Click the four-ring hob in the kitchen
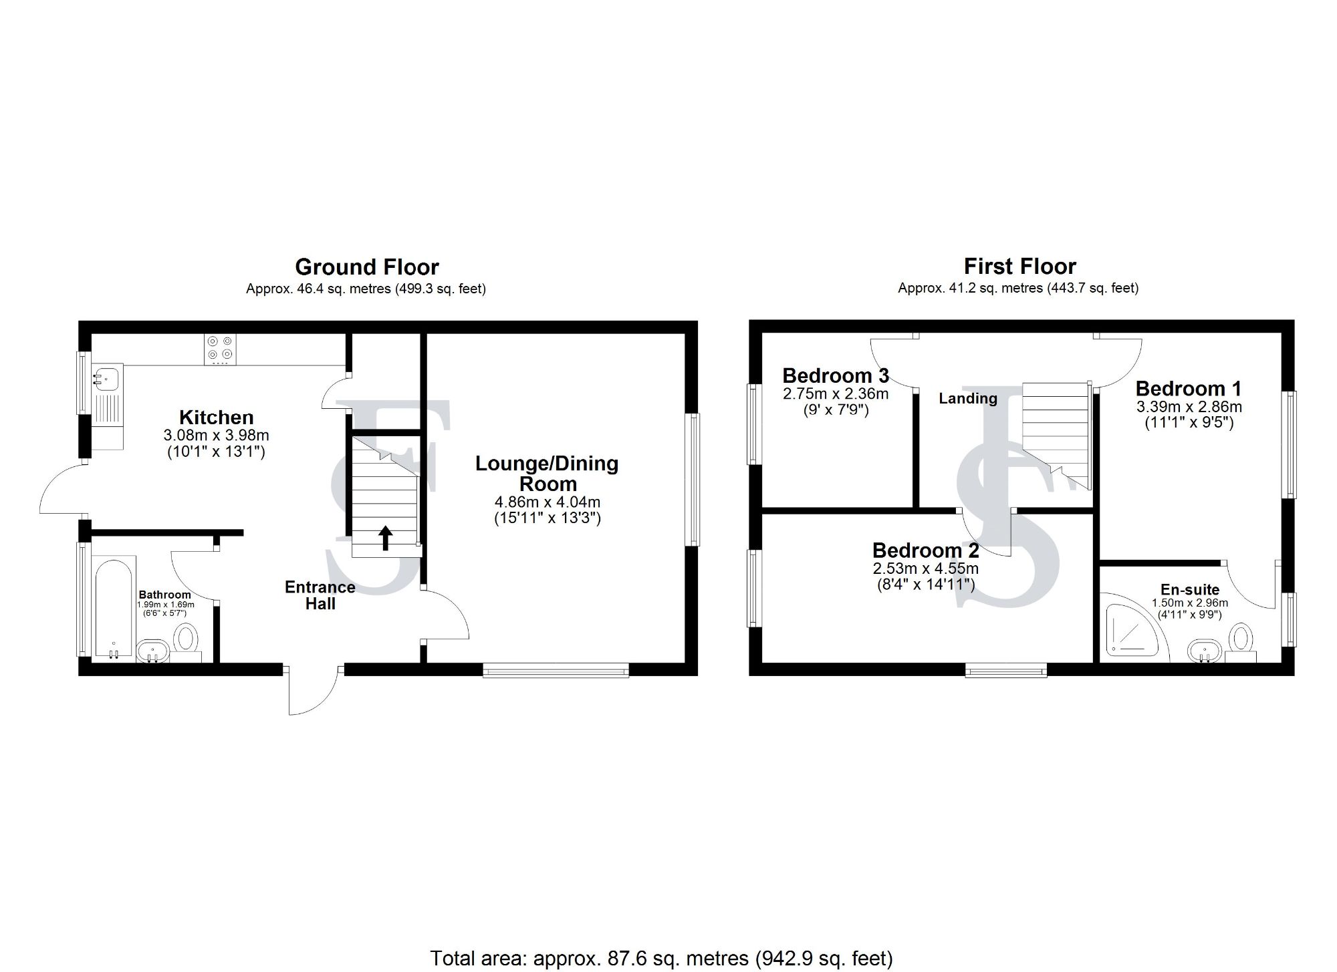click(x=221, y=349)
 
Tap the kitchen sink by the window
click(x=106, y=379)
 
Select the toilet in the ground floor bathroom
click(x=186, y=640)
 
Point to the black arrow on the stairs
click(x=385, y=537)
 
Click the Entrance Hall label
click(x=320, y=595)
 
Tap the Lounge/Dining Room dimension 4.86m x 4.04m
click(x=547, y=502)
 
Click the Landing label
click(x=967, y=399)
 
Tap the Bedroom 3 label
click(x=835, y=375)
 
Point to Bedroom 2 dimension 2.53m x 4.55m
click(x=925, y=569)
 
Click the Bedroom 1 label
click(x=1188, y=388)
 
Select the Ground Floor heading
click(x=366, y=267)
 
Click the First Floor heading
click(x=1019, y=267)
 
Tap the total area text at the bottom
click(x=661, y=958)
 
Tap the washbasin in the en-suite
click(x=1204, y=650)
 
